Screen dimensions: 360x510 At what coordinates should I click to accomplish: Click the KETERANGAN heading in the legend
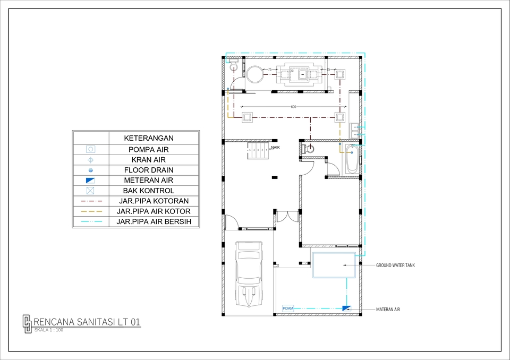tap(149, 138)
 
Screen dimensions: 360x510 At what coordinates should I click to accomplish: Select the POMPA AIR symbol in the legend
tap(90, 150)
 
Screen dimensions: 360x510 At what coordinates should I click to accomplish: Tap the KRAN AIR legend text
tap(148, 160)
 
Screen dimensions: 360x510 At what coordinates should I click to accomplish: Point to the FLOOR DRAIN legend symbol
tap(90, 170)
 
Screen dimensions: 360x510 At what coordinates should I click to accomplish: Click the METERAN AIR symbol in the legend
tap(90, 181)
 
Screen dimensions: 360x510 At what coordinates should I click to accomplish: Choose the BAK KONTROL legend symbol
tap(90, 191)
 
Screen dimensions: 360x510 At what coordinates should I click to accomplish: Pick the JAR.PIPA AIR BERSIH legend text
tap(154, 221)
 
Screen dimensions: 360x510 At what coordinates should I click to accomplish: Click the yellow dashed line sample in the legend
tap(90, 211)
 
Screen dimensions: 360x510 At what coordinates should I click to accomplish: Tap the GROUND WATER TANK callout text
tap(395, 265)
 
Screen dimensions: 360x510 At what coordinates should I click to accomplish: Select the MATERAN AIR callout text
tap(388, 308)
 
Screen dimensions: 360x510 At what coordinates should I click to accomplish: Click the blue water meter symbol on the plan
tap(346, 308)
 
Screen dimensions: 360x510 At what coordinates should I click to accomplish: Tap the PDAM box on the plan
tap(288, 308)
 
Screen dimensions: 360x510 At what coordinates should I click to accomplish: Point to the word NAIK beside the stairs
tap(275, 147)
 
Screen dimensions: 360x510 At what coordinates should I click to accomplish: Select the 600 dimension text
tap(293, 107)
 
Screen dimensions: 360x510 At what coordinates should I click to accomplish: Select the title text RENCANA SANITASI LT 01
tap(87, 322)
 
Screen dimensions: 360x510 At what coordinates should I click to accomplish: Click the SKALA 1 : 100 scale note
tap(48, 330)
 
